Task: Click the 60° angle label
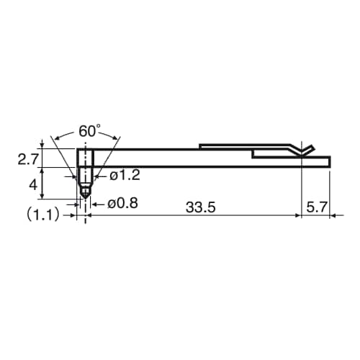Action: (89, 132)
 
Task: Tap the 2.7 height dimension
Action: (27, 159)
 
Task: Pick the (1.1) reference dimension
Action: (45, 215)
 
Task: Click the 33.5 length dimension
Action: (200, 207)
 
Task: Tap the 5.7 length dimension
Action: (316, 207)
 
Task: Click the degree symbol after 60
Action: (100, 127)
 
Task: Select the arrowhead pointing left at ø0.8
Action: (91, 204)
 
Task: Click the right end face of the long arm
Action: (329, 162)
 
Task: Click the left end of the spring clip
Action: (200, 147)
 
